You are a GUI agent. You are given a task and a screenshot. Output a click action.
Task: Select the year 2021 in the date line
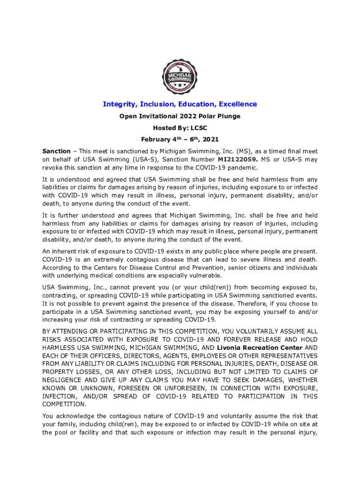coord(210,139)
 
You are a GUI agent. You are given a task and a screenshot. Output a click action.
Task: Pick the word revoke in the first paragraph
coord(53,167)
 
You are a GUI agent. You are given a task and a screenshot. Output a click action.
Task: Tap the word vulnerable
coord(195,276)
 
